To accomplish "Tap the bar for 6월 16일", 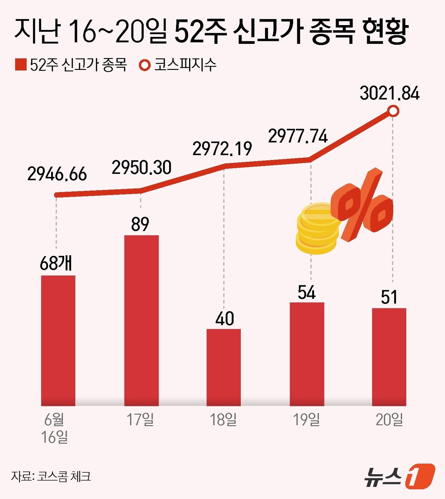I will (x=58, y=340).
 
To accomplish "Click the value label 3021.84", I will (x=389, y=93).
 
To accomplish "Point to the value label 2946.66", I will (x=57, y=174).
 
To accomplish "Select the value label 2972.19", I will (x=222, y=149).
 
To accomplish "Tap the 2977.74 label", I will (x=298, y=136).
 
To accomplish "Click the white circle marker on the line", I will (x=393, y=111).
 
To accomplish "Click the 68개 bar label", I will (x=56, y=263).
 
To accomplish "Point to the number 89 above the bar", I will (x=140, y=224).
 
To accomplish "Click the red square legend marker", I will (x=21, y=65).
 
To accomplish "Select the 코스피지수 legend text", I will (x=185, y=65).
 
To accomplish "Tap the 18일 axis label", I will (x=223, y=420).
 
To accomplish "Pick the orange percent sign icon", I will (x=362, y=205).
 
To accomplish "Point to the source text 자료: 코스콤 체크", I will (x=51, y=476).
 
